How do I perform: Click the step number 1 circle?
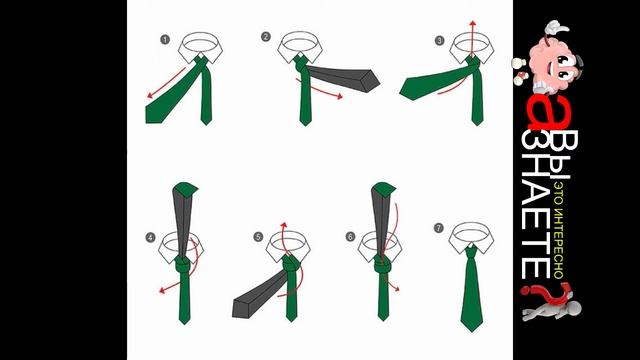tap(165, 40)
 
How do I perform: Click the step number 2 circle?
tap(266, 37)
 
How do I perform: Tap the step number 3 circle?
tap(440, 40)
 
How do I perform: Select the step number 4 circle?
tap(151, 237)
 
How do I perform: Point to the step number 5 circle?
tap(258, 237)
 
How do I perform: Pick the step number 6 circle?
tap(351, 236)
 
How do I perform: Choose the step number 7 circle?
tap(439, 228)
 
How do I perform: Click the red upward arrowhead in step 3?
tap(473, 23)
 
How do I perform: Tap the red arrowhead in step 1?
tap(150, 96)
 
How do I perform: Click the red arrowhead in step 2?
tap(339, 96)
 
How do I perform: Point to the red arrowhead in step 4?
tap(162, 290)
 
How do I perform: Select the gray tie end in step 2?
tap(343, 79)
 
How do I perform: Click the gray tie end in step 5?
tap(261, 295)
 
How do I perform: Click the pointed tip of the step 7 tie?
tap(472, 331)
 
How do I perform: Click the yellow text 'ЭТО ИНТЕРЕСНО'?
tap(559, 231)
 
